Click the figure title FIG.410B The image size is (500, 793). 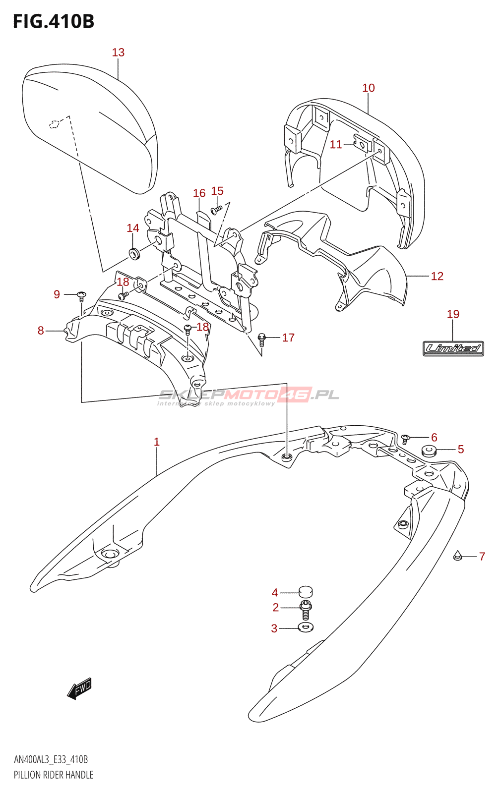tap(54, 21)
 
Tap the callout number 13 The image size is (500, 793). tap(118, 53)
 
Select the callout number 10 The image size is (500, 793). tap(368, 88)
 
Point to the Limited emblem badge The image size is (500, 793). tap(453, 348)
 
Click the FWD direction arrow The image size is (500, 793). tap(79, 688)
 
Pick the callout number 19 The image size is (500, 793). tap(453, 314)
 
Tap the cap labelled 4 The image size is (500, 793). tap(306, 591)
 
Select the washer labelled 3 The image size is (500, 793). tap(305, 628)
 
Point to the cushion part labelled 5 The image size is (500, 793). tap(428, 451)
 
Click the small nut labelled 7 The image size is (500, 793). tap(458, 556)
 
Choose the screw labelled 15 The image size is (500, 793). tap(216, 210)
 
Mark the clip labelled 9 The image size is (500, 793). tap(82, 296)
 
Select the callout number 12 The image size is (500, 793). tap(437, 276)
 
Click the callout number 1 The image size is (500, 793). tap(157, 442)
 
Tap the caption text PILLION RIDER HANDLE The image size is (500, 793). tap(54, 775)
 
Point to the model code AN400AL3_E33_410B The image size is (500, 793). tap(51, 760)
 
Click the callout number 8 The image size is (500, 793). tap(41, 331)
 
